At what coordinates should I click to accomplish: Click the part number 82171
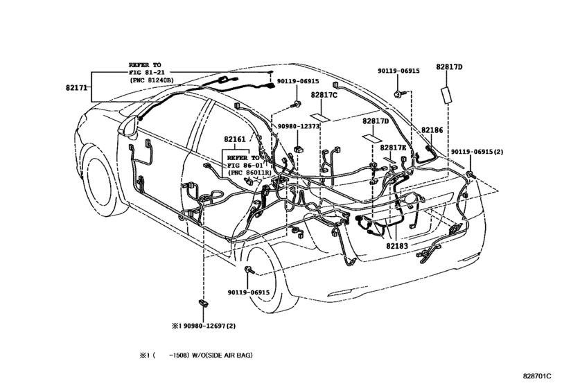(76, 87)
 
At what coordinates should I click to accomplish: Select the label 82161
(235, 139)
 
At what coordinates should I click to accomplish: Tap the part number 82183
(397, 246)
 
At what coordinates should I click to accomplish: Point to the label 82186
(432, 130)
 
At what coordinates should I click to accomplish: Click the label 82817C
(324, 96)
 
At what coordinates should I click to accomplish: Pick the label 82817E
(393, 148)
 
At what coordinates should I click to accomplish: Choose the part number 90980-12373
(298, 127)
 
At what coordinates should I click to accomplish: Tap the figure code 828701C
(537, 376)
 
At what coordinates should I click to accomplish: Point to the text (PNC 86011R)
(249, 173)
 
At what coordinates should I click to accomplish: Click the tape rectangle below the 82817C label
(321, 118)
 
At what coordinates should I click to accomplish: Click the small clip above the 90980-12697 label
(203, 303)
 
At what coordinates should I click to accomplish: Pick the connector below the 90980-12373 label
(298, 150)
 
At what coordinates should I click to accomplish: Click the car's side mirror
(128, 127)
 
